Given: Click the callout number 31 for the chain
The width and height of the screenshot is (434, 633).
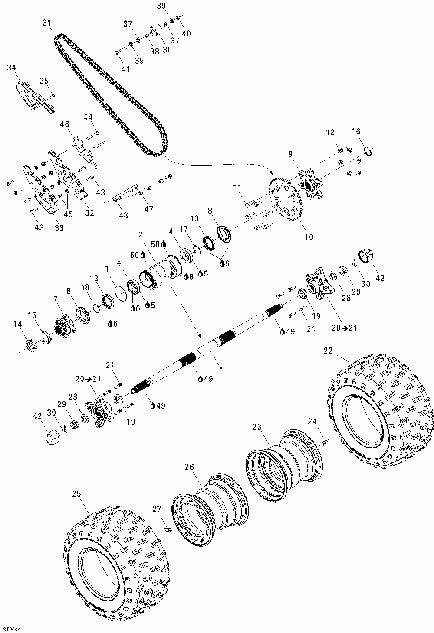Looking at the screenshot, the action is tap(47, 23).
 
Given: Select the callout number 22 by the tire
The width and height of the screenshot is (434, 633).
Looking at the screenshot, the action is tap(329, 351).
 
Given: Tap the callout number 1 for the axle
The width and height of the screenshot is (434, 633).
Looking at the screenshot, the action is tap(221, 370).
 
